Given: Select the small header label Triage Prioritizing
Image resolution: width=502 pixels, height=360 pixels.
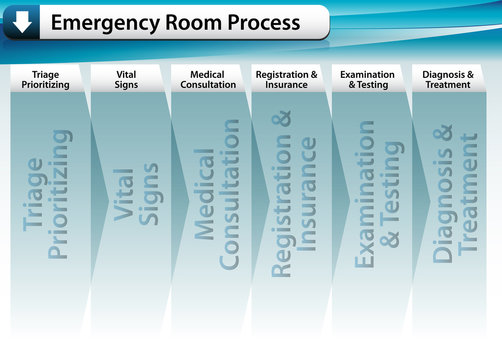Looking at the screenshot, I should click(46, 79).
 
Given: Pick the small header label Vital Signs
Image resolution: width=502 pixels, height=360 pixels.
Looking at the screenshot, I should click(126, 79).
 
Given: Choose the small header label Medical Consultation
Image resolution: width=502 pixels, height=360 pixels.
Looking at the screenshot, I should click(207, 79).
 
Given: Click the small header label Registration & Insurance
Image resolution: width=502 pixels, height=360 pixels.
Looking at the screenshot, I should click(286, 79).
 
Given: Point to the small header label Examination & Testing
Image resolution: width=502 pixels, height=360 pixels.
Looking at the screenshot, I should click(367, 79).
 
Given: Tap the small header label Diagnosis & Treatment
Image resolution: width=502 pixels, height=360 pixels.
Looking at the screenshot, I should click(447, 79).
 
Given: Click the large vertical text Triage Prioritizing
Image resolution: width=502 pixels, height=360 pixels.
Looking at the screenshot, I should click(47, 195).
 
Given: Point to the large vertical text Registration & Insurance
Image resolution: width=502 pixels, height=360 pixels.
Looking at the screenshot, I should click(294, 195).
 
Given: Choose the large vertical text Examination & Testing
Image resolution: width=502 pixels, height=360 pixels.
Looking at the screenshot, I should click(378, 195).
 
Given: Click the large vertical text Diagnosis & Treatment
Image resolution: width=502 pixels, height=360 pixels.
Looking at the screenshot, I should click(456, 195).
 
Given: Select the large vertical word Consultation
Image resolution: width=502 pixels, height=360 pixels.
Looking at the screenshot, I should click(229, 195).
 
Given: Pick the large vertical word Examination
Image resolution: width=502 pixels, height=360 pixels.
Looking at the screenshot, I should click(365, 195).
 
